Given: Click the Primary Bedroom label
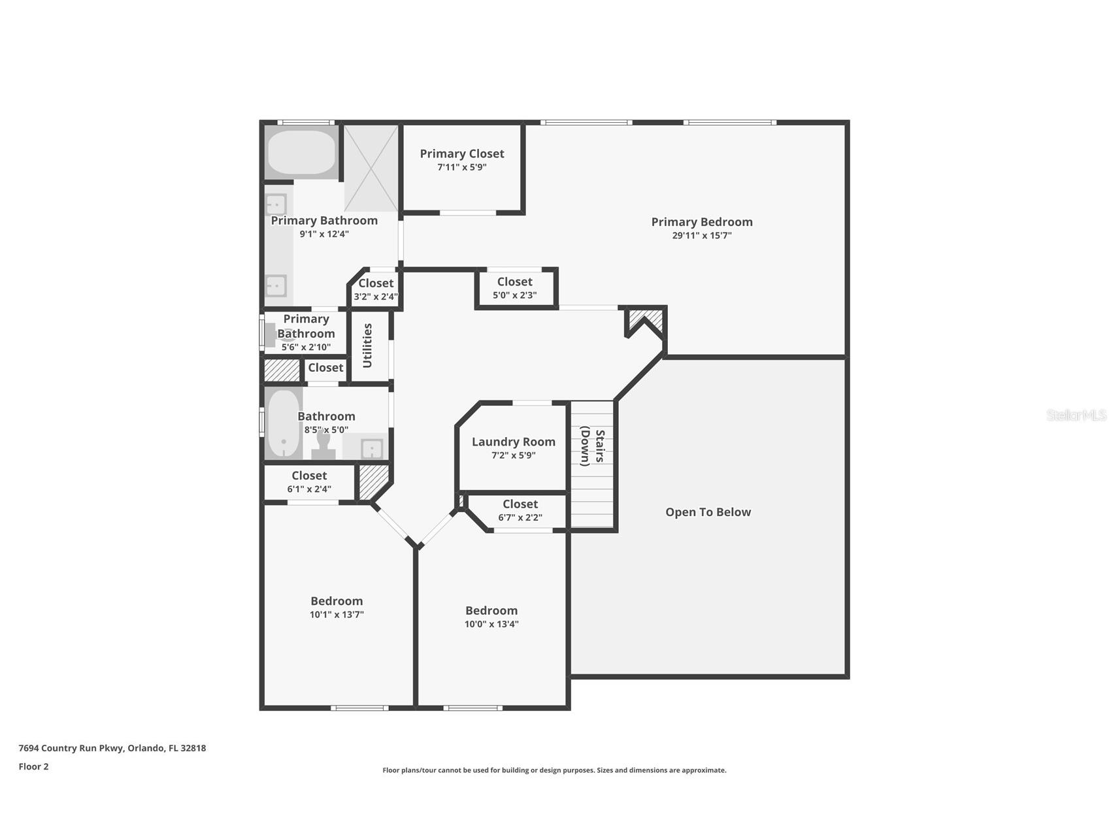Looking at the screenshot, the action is [702, 222].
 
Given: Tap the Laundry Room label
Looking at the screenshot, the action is [514, 442].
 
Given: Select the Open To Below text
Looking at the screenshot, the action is [708, 512].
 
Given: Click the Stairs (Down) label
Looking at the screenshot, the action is [593, 446].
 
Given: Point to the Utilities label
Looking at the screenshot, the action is [367, 346].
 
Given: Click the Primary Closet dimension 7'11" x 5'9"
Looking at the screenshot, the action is [462, 167].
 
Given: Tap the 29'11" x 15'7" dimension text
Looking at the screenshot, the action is [702, 236].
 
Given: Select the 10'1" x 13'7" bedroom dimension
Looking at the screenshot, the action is [337, 615].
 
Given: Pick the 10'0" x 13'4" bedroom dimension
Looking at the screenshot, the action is [491, 625].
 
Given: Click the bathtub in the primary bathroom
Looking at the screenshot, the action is [301, 153].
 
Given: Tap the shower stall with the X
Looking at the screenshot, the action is [371, 168].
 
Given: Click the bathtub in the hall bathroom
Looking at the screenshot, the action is [283, 423].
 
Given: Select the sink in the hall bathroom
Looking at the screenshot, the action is [371, 449].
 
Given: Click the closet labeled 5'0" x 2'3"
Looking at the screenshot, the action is [516, 288].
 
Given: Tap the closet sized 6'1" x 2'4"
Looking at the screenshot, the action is [309, 482].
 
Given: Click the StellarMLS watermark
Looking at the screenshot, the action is [1076, 415].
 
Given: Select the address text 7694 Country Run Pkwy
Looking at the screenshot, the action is [71, 748].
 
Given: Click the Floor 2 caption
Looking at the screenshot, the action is [33, 767].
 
